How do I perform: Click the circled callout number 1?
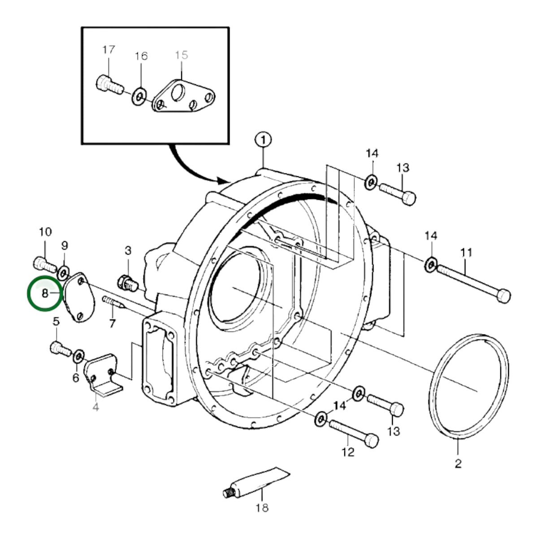[263, 140]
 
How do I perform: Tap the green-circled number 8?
[45, 293]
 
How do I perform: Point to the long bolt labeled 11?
[473, 284]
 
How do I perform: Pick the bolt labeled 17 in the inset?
[109, 84]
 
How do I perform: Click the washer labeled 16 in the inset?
[139, 96]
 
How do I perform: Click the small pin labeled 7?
[113, 302]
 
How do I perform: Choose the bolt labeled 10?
[45, 265]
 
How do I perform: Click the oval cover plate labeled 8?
[79, 297]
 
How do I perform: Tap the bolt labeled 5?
[61, 349]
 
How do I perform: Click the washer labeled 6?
[78, 356]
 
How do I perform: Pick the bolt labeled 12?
[354, 433]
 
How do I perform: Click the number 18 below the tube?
[262, 516]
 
